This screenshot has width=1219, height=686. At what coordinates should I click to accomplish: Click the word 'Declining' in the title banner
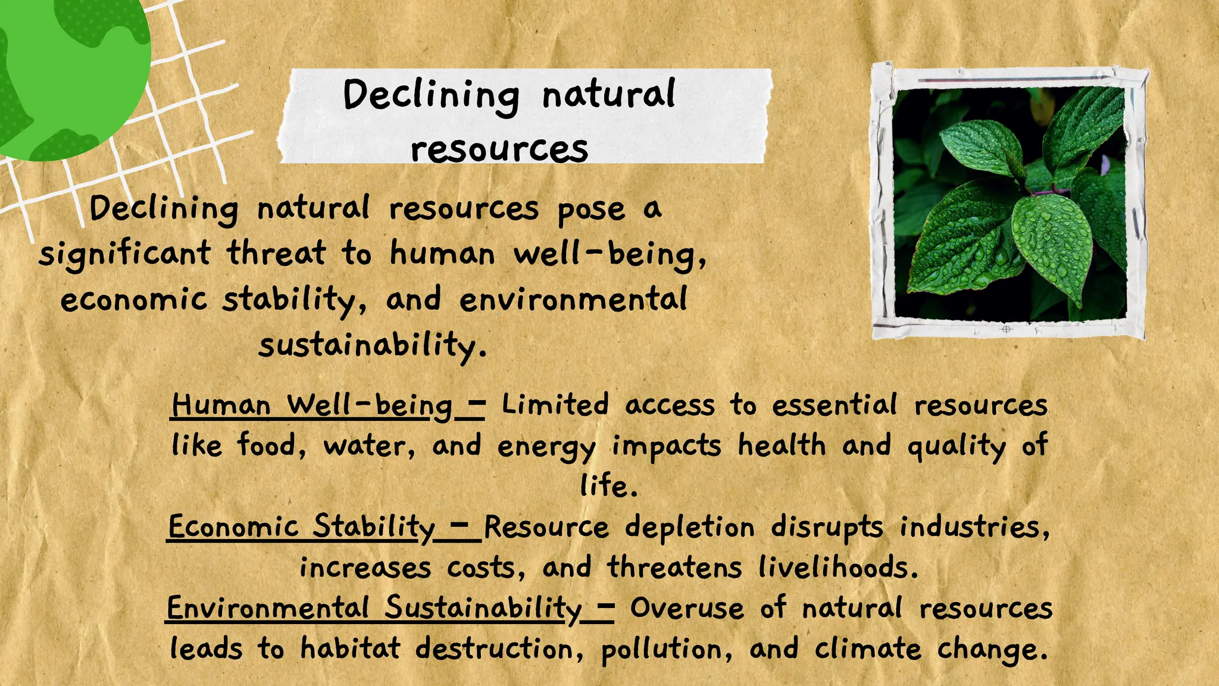tap(430, 96)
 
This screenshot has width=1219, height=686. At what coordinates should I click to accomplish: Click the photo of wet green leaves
tap(1010, 202)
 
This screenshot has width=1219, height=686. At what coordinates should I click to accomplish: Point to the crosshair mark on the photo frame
tap(1006, 329)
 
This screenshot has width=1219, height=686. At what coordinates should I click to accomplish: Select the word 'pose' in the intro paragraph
tap(591, 210)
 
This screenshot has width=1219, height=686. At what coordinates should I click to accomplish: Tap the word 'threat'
tap(276, 253)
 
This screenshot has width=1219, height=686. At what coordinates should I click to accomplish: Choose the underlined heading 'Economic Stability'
tap(302, 528)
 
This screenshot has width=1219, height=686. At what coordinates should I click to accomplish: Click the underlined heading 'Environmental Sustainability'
tap(374, 609)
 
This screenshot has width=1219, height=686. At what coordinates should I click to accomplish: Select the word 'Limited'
tap(555, 405)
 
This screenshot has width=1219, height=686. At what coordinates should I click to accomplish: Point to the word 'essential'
tap(834, 405)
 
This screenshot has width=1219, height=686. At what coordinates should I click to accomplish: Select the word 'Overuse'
tap(687, 609)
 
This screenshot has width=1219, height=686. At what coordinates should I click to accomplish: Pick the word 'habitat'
tap(350, 648)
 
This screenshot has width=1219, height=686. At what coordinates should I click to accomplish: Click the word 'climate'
tap(868, 649)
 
